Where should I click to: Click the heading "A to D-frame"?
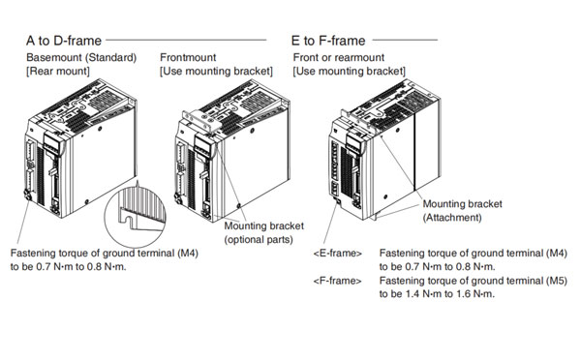coord(64,41)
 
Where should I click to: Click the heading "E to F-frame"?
coord(328,41)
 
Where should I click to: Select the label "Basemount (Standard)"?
coord(81,57)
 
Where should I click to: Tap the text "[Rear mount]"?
coord(58,71)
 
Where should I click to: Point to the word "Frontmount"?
coord(188,57)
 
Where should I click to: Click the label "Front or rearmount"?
coord(339,57)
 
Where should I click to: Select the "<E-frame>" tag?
coord(338,254)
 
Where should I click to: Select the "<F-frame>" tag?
coord(337,281)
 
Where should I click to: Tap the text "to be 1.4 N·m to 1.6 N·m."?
coord(437,294)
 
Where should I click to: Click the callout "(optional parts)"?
coord(259,240)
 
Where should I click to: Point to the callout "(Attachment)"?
coord(452,218)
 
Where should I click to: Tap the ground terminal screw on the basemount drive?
coord(27,195)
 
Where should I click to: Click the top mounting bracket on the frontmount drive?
coord(200,119)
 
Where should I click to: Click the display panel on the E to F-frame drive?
coord(353,142)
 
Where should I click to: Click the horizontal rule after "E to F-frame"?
coord(405,40)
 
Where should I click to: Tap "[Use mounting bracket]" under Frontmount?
coord(216,71)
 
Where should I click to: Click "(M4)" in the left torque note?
coord(188,254)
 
